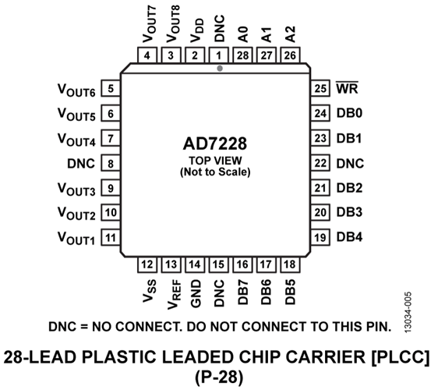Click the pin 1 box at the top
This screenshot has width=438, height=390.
pyautogui.click(x=219, y=56)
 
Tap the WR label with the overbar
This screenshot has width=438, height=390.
pyautogui.click(x=347, y=88)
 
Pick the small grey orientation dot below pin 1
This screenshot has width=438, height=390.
pyautogui.click(x=220, y=69)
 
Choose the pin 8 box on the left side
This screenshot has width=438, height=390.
pyautogui.click(x=111, y=164)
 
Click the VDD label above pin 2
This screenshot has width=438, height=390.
pyautogui.click(x=196, y=31)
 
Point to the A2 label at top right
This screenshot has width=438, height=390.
pyautogui.click(x=290, y=34)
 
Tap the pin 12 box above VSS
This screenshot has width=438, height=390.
pyautogui.click(x=148, y=265)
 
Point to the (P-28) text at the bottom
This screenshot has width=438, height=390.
pyautogui.click(x=219, y=378)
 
